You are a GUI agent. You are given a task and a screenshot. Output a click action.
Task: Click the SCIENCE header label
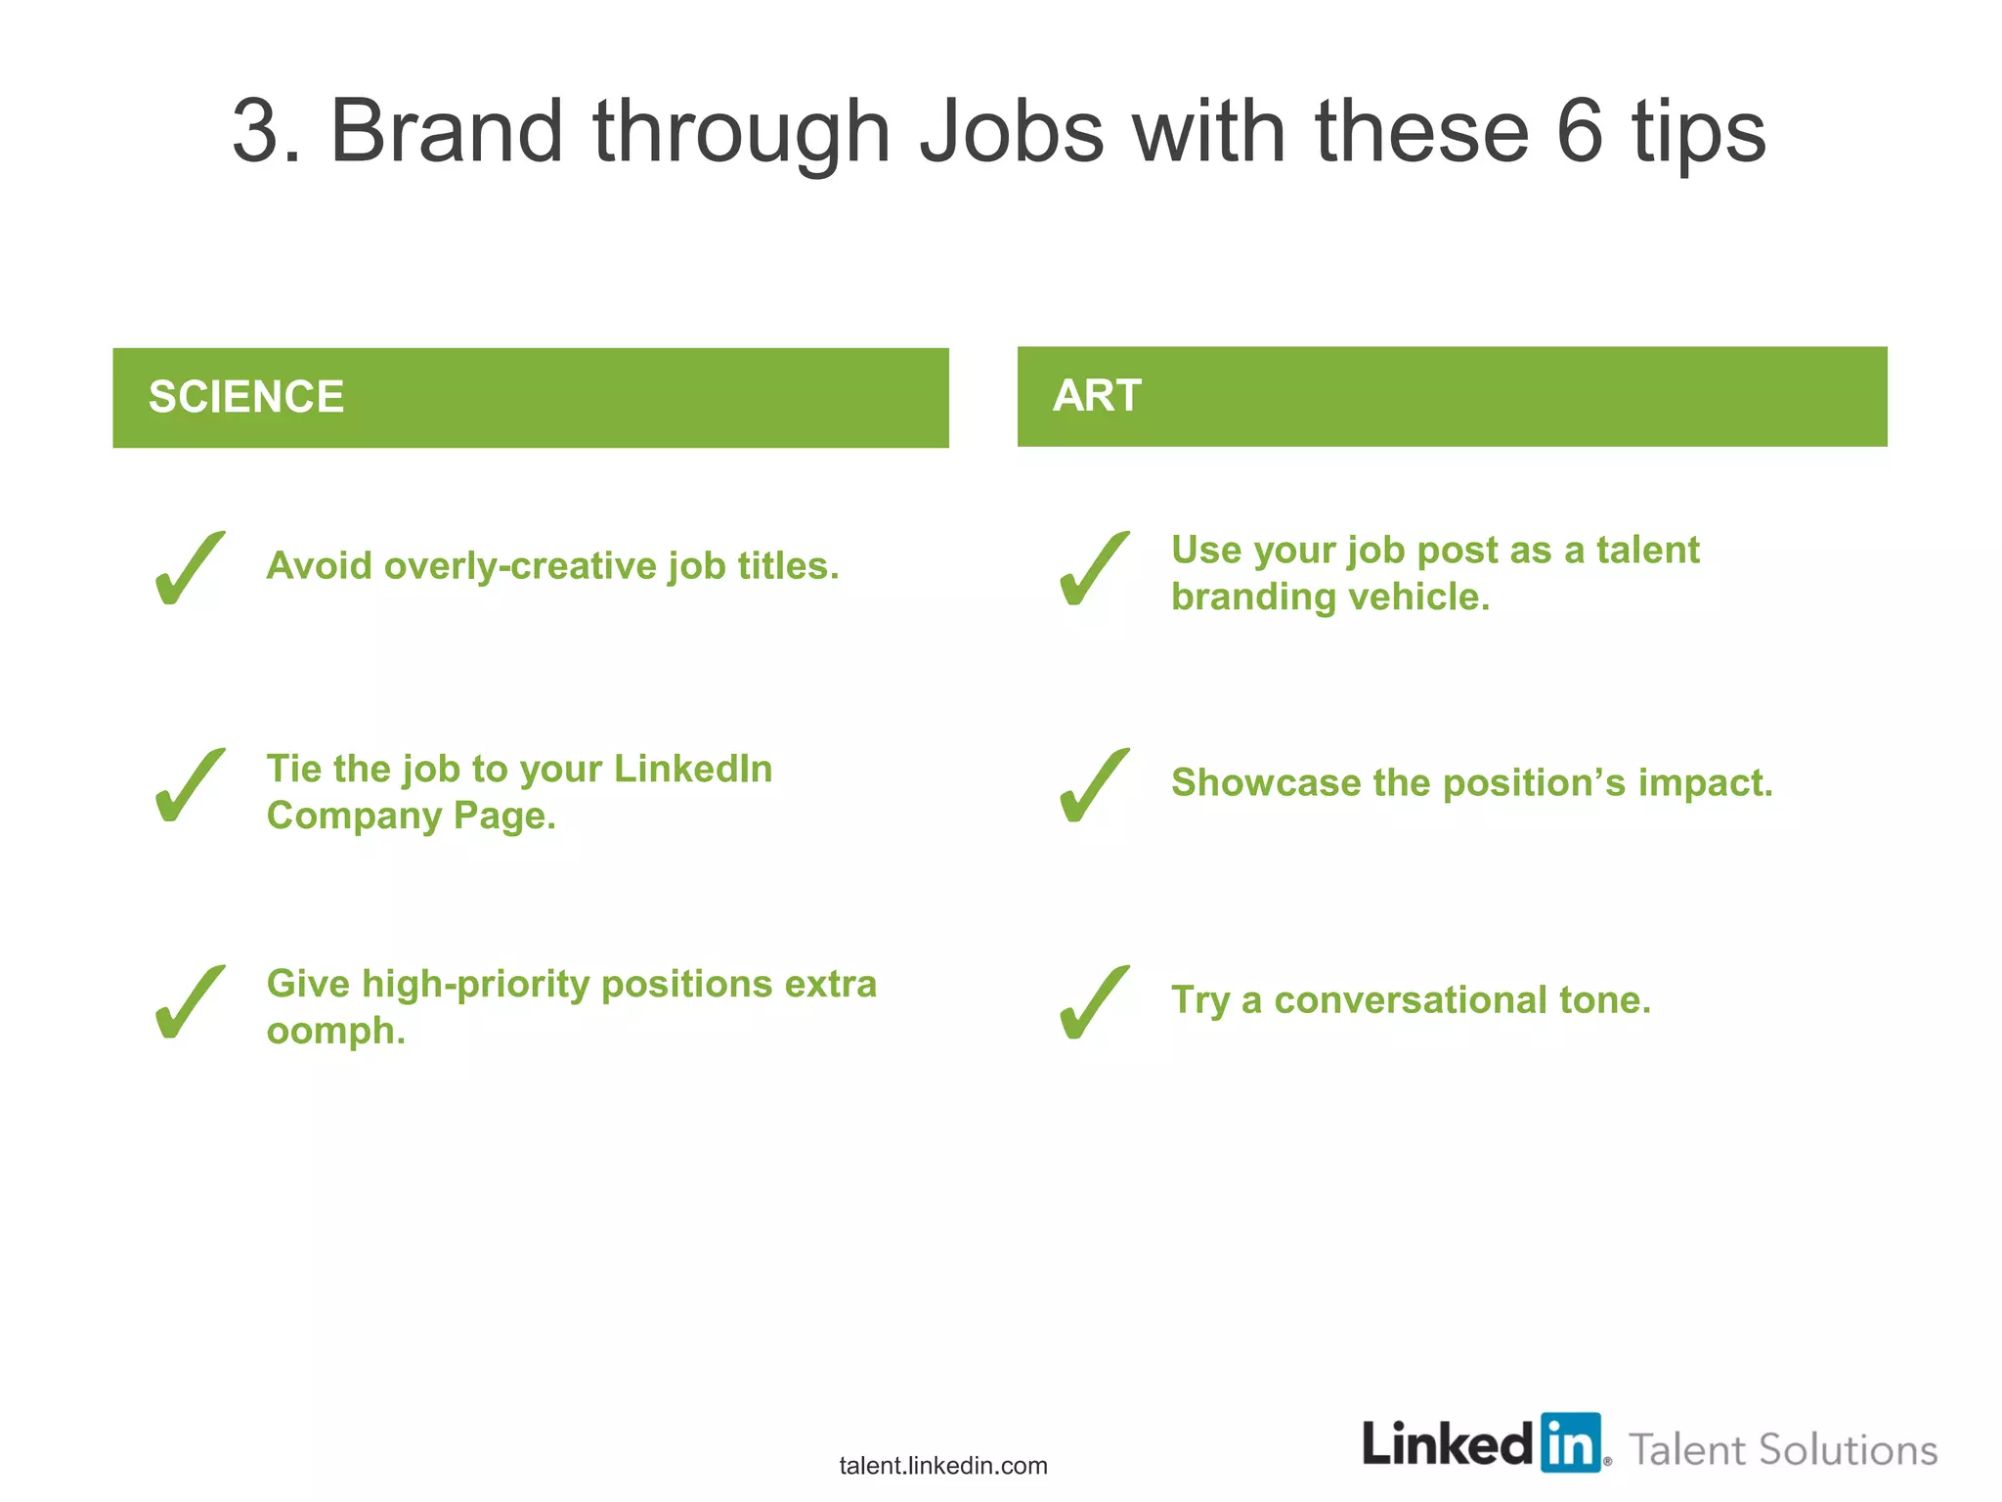click(245, 397)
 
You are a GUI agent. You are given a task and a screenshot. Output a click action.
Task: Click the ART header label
click(1097, 396)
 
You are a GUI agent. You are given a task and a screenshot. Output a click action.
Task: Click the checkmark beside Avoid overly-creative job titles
click(189, 568)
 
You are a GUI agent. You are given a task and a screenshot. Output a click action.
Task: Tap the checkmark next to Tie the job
click(189, 785)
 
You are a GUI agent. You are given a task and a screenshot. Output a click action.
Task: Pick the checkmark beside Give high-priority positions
click(189, 1002)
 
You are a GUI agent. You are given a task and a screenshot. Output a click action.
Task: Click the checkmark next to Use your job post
click(1094, 568)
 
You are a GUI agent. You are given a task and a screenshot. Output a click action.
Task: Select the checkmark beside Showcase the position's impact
click(1094, 785)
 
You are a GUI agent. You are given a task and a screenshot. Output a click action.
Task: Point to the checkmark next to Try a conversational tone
click(1094, 1002)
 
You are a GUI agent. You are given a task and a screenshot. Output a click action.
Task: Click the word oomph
click(335, 1032)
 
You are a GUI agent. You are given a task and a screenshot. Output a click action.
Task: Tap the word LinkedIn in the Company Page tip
click(692, 769)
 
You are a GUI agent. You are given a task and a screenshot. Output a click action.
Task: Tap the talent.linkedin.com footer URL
click(942, 1465)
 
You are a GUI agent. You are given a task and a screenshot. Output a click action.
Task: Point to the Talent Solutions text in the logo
click(1783, 1449)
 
